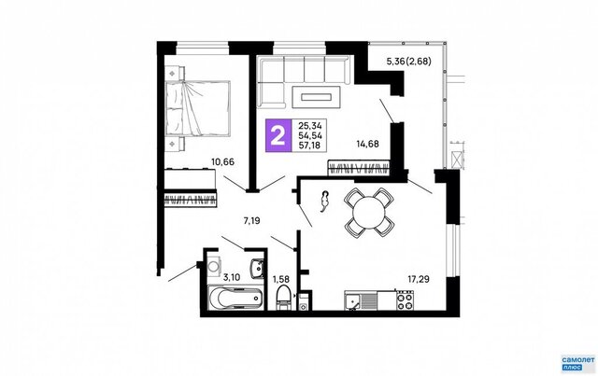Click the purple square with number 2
pyautogui.click(x=278, y=136)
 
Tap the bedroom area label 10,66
pyautogui.click(x=223, y=162)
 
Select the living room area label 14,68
pyautogui.click(x=367, y=144)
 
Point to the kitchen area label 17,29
pyautogui.click(x=419, y=279)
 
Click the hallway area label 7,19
pyautogui.click(x=251, y=220)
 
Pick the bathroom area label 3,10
pyautogui.click(x=232, y=277)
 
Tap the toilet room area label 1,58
pyautogui.click(x=281, y=280)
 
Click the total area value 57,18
pyautogui.click(x=310, y=146)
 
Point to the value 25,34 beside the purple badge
pyautogui.click(x=310, y=126)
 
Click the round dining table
pyautogui.click(x=369, y=212)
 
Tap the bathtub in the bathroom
pyautogui.click(x=235, y=298)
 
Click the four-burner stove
pyautogui.click(x=405, y=300)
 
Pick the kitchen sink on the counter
pyautogui.click(x=352, y=300)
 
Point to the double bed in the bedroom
pyautogui.click(x=197, y=108)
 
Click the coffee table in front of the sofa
pyautogui.click(x=316, y=97)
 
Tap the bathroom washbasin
pyautogui.click(x=258, y=269)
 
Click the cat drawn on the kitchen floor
pyautogui.click(x=324, y=202)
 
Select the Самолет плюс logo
pyautogui.click(x=578, y=362)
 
